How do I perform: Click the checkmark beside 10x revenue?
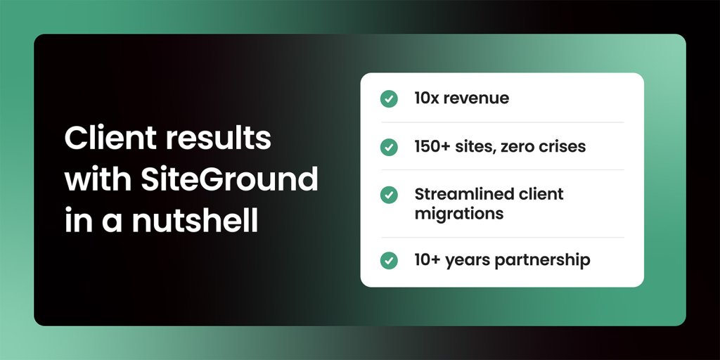click(x=389, y=98)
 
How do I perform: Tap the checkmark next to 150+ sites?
click(x=389, y=147)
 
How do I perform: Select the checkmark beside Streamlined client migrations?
click(x=389, y=195)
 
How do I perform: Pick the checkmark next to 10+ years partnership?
click(x=389, y=260)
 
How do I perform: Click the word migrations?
click(x=459, y=213)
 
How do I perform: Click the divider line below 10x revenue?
click(x=502, y=122)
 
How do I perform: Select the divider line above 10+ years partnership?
click(x=502, y=238)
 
